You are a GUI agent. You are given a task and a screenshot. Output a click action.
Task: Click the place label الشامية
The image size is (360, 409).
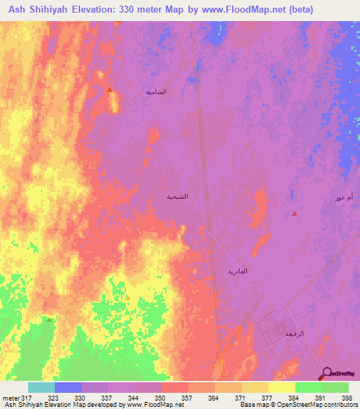tap(156, 92)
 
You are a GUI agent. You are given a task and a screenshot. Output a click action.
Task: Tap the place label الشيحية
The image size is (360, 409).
tap(176, 197)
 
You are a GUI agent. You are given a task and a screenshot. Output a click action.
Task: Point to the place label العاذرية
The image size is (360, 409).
tap(238, 271)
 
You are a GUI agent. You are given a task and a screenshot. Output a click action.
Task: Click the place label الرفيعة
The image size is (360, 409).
tap(293, 334)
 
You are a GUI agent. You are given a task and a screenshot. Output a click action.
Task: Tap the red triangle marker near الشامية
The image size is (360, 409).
tap(110, 89)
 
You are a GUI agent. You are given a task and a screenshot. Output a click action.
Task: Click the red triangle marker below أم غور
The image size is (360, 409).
tap(294, 213)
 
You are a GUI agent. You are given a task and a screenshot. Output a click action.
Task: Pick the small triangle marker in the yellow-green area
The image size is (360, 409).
tap(127, 297)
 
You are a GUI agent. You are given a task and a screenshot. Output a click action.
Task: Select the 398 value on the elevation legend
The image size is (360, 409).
tap(346, 397)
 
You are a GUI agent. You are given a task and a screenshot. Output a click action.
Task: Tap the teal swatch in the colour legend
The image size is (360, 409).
tap(41, 387)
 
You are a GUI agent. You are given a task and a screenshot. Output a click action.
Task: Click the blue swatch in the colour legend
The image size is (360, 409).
tap(68, 387)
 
